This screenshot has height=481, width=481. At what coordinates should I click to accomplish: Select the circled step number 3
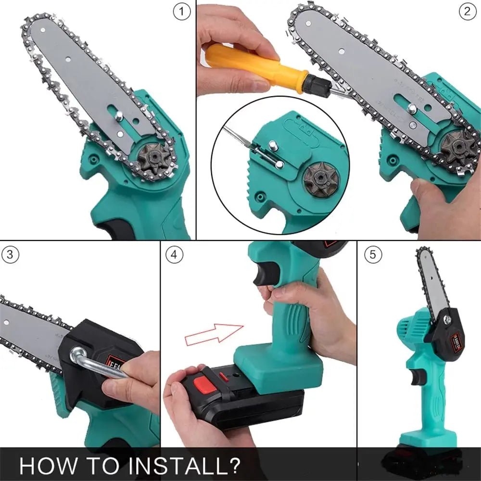tap(11, 255)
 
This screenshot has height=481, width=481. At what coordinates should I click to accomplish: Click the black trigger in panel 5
tap(418, 376)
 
